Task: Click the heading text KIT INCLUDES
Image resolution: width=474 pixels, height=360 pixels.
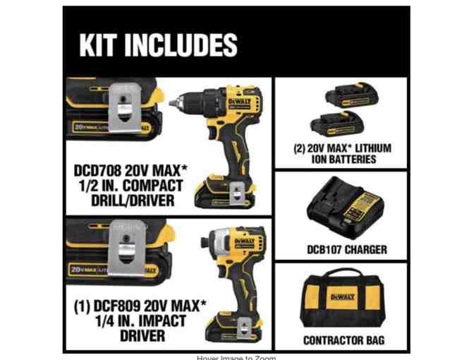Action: [x=158, y=45]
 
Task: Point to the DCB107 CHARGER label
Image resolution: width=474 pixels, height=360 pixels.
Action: [x=346, y=249]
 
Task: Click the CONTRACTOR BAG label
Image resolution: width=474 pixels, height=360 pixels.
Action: [x=343, y=340]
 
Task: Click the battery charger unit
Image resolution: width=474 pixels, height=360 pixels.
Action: [x=341, y=208]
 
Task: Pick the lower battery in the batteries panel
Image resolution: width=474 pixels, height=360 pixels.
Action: [x=341, y=121]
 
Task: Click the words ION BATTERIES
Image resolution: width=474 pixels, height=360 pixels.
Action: [x=344, y=160]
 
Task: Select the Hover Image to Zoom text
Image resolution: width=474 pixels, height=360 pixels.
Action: [x=236, y=357]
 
